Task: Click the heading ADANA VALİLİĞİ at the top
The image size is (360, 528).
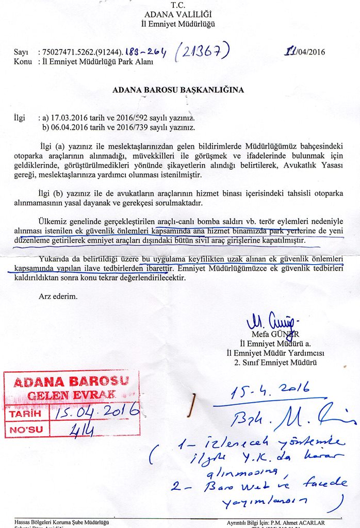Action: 178,14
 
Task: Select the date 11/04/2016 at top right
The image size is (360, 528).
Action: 305,52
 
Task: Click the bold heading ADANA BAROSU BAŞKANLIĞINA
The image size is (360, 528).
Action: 178,90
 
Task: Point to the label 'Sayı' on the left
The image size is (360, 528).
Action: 21,53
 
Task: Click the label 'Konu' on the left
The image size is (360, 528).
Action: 23,62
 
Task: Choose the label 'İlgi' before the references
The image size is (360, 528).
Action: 19,118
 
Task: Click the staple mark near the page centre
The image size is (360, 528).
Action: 192,405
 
